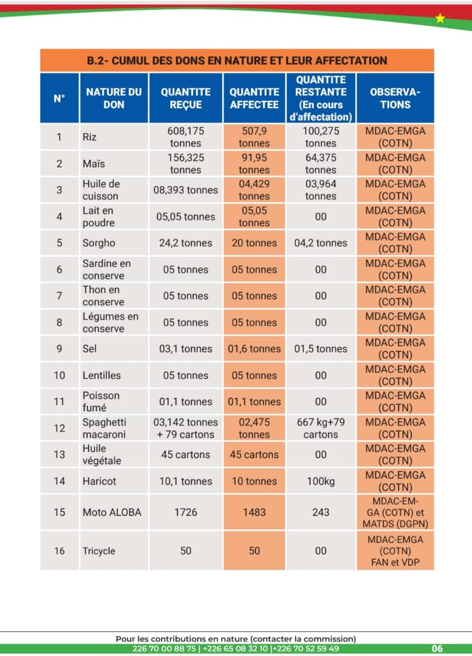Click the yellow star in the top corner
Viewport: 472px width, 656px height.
[440, 18]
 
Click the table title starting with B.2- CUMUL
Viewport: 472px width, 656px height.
[237, 61]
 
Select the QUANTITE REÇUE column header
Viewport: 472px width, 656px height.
[186, 98]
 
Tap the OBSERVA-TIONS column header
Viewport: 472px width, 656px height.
[395, 98]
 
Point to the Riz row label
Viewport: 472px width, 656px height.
[89, 137]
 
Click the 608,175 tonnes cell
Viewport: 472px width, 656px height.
[186, 137]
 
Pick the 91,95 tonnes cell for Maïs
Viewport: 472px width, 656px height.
[254, 163]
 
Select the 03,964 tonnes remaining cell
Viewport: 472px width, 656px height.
[321, 190]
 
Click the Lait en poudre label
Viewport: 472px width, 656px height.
[98, 216]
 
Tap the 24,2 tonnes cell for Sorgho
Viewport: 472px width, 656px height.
[186, 243]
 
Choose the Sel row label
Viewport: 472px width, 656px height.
[89, 349]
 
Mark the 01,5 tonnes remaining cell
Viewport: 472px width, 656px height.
[321, 349]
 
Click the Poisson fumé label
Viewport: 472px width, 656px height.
[101, 401]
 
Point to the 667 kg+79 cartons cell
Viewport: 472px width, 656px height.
[321, 428]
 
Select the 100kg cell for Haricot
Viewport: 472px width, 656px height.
[321, 481]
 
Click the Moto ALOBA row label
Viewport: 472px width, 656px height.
[112, 512]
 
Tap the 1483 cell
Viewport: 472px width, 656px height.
[254, 512]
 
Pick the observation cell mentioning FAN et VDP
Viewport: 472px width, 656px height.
[395, 551]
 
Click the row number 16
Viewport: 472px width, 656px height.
[59, 551]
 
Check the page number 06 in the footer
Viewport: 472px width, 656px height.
[437, 649]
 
